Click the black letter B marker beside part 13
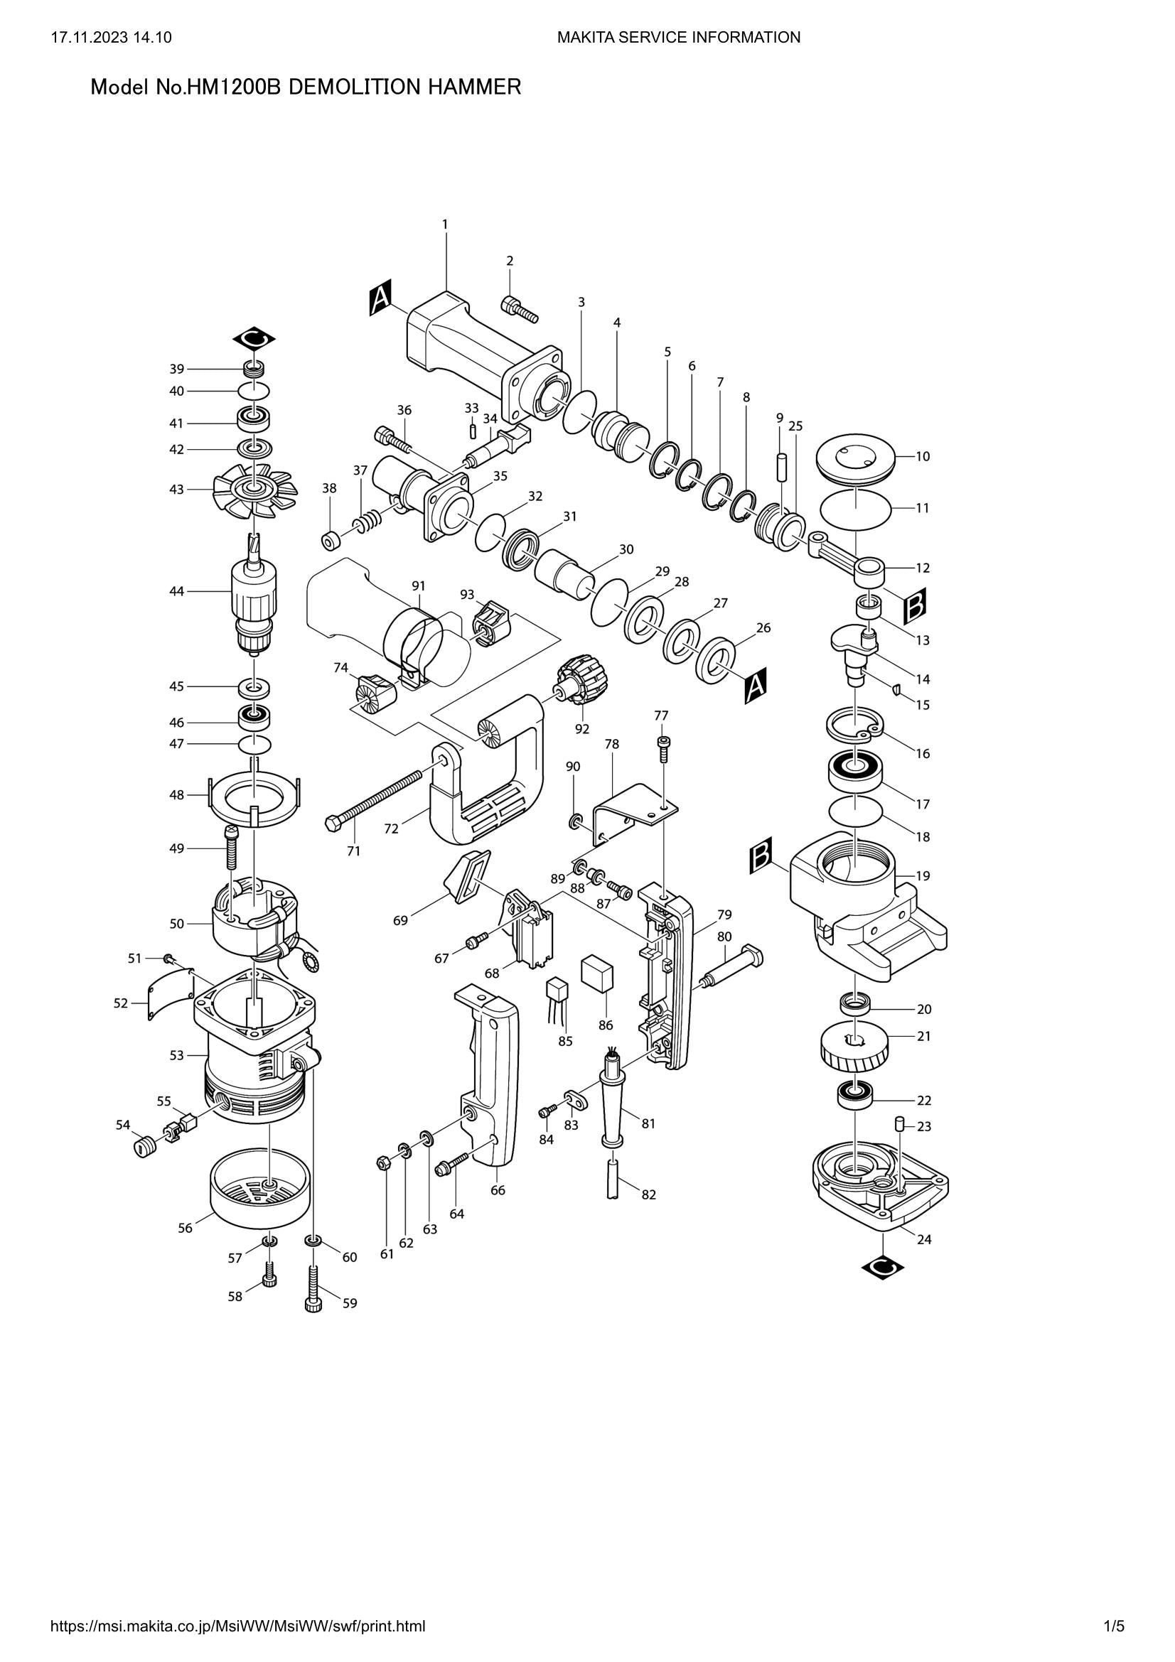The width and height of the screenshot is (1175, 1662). tap(914, 606)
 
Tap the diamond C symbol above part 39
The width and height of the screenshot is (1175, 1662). tap(254, 339)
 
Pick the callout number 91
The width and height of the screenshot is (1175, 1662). tap(418, 585)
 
